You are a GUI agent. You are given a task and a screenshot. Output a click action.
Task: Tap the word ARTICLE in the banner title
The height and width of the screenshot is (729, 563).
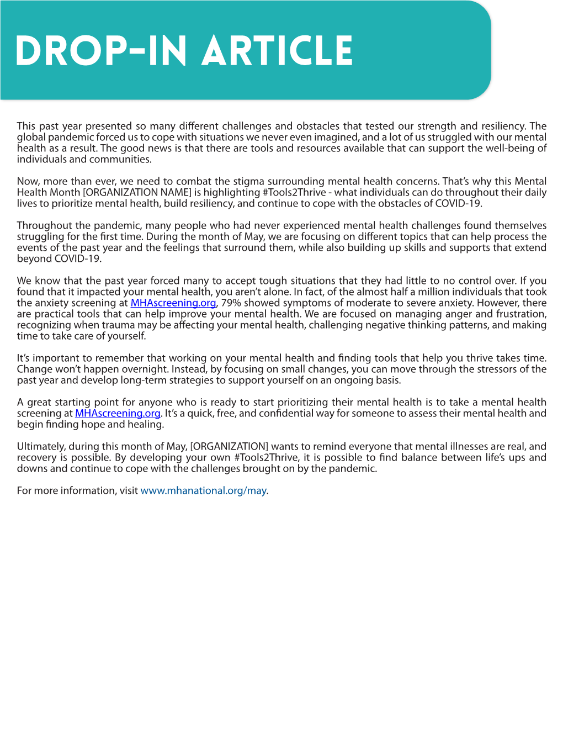click(277, 51)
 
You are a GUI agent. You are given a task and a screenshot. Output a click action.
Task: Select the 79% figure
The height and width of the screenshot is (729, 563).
click(231, 303)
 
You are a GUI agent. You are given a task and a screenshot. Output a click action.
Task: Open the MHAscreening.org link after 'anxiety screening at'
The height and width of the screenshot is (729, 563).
click(173, 303)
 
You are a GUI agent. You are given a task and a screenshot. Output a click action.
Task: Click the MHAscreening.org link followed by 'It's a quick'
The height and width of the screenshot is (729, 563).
click(118, 413)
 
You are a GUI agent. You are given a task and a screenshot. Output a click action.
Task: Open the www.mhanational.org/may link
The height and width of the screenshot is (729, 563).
click(204, 490)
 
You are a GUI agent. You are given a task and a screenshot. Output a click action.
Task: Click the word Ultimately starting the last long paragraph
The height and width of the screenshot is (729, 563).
click(41, 446)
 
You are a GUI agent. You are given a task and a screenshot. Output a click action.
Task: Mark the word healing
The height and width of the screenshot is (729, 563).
click(145, 424)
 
